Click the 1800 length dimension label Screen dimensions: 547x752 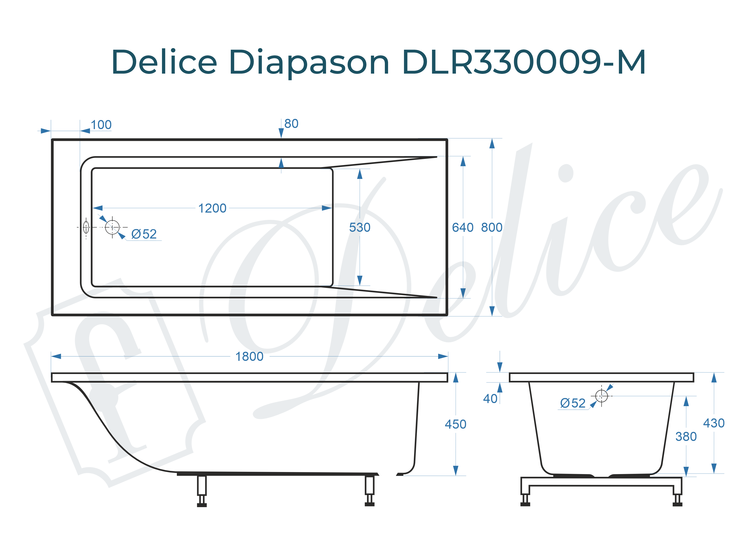(249, 357)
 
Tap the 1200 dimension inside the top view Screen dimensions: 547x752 (212, 208)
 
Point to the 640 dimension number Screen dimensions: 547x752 (463, 227)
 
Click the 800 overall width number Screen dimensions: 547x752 (492, 227)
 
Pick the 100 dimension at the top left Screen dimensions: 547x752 (101, 125)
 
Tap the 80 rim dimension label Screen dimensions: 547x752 (291, 124)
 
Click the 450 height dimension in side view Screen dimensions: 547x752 (455, 424)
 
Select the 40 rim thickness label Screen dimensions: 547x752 (490, 399)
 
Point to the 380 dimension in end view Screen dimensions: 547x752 (686, 436)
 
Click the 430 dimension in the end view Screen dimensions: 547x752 (714, 423)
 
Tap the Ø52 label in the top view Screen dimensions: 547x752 (144, 234)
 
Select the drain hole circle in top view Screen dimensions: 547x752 (112, 227)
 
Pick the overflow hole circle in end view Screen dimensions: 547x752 (601, 396)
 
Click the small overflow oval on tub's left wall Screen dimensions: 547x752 (86, 227)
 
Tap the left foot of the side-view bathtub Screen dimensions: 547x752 (202, 491)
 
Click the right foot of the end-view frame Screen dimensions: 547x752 (677, 499)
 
